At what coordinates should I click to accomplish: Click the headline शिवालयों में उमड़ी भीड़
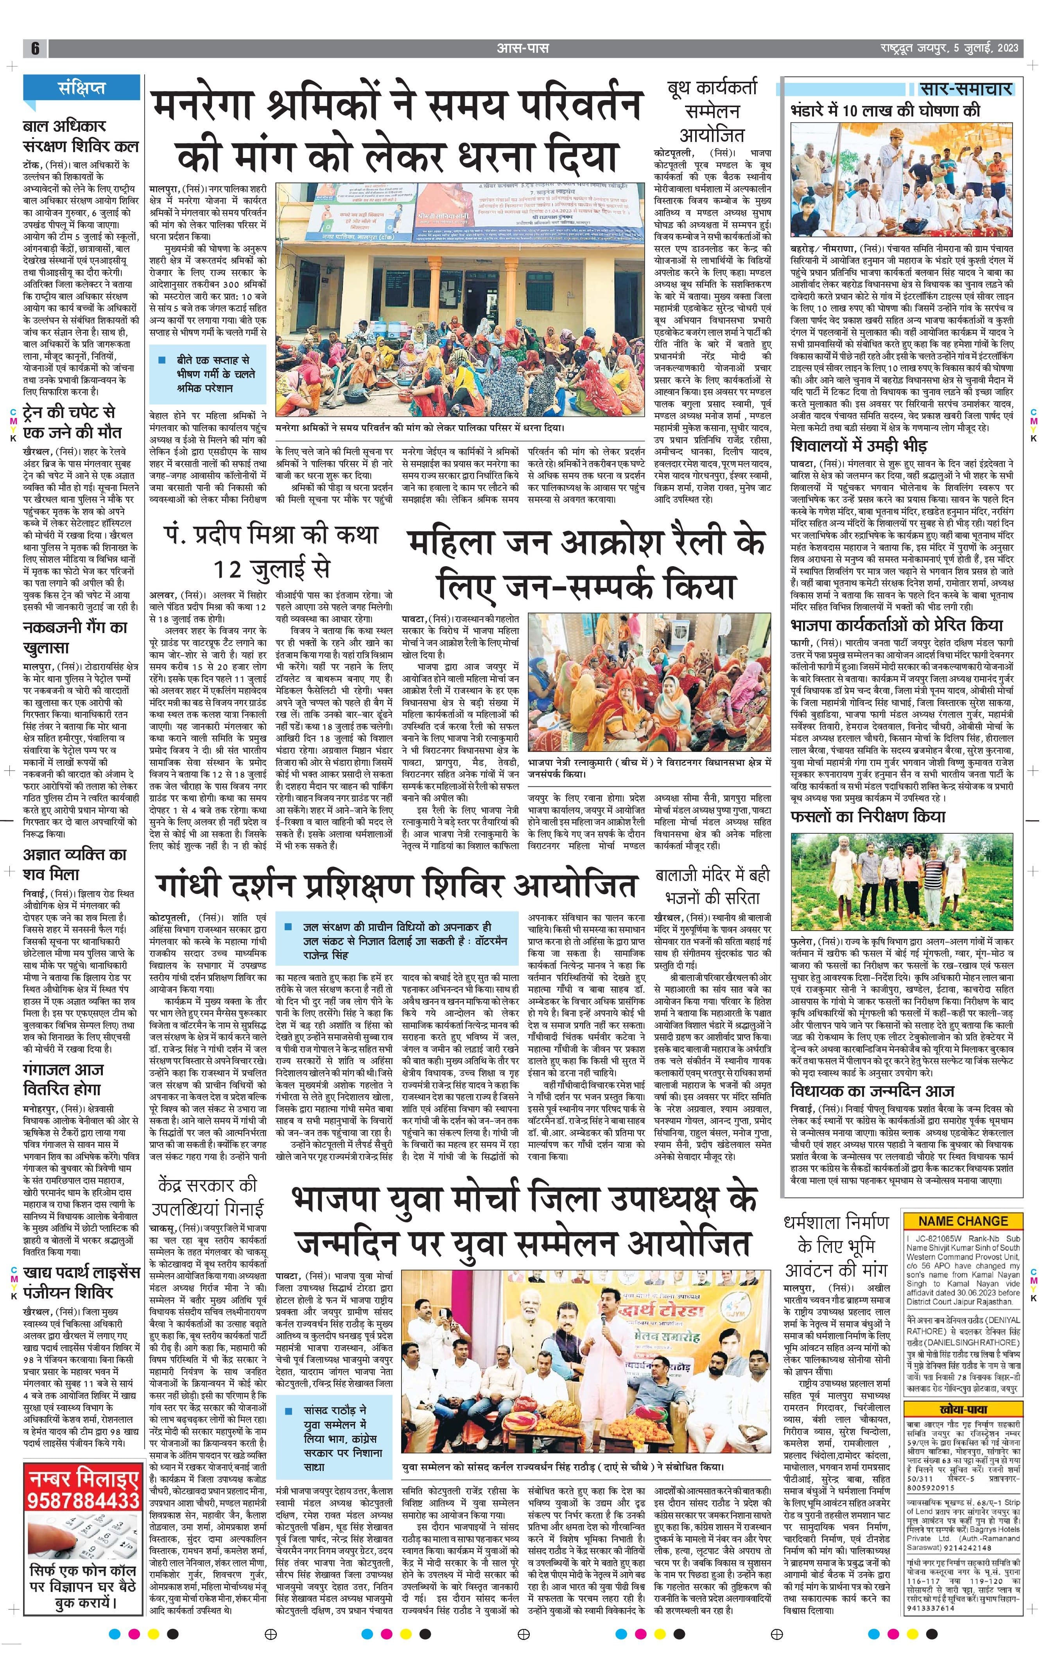(868, 445)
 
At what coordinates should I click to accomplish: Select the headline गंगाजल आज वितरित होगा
(64, 1080)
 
